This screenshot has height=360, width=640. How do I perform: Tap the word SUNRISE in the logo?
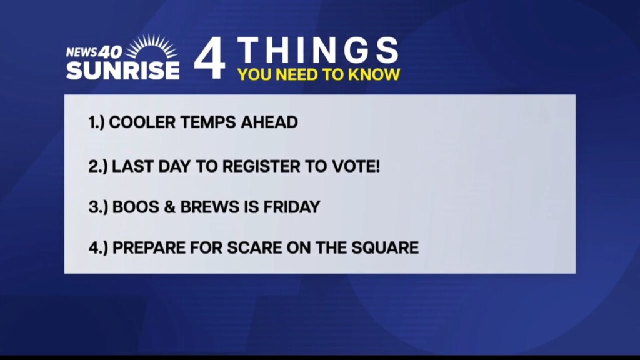(x=123, y=70)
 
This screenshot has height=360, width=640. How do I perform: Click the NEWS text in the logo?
(x=82, y=52)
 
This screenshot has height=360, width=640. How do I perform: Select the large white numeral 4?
(x=209, y=58)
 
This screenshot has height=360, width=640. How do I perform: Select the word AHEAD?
(x=269, y=122)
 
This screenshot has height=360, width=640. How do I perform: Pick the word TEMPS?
(x=208, y=122)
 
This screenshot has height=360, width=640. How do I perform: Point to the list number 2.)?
(x=98, y=166)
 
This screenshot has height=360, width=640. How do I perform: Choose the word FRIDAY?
(x=292, y=207)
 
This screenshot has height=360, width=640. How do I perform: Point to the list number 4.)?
(x=98, y=248)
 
